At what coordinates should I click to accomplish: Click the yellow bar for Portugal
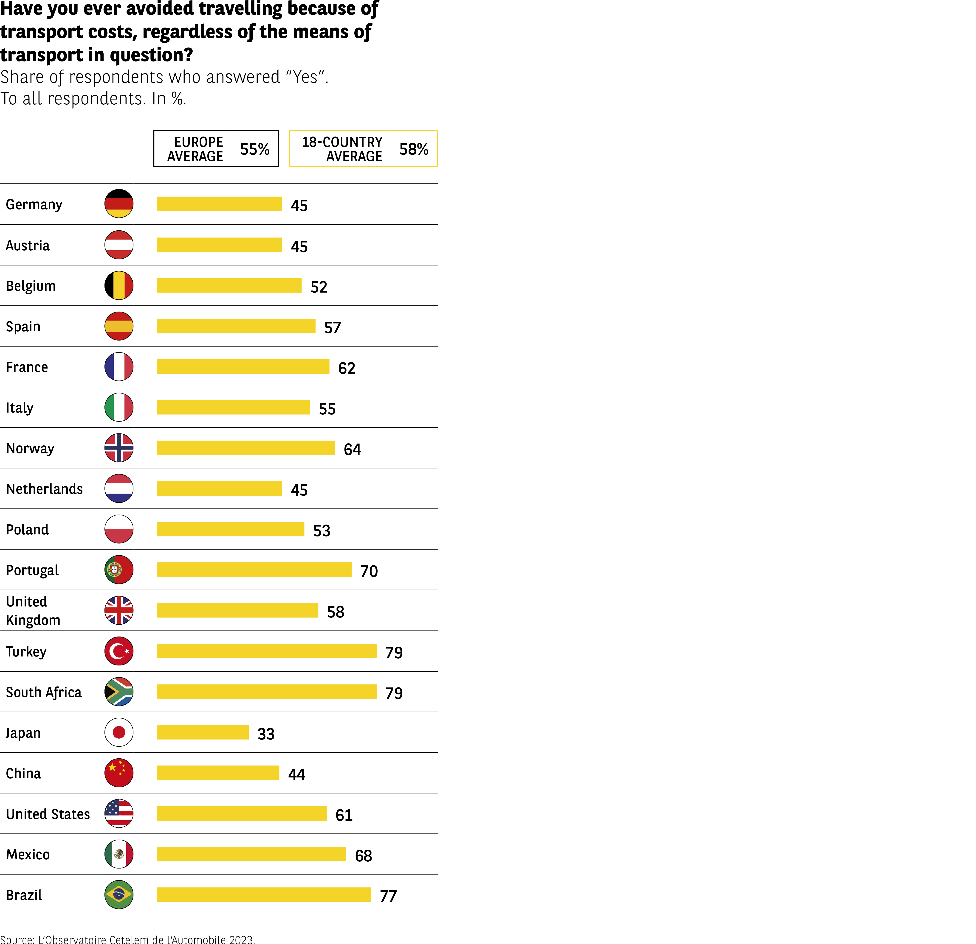click(x=254, y=570)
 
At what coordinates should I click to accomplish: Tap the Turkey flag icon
click(x=119, y=651)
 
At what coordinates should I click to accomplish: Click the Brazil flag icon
click(x=119, y=895)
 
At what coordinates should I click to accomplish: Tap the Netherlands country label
click(x=44, y=489)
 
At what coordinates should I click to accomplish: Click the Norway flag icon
click(x=119, y=448)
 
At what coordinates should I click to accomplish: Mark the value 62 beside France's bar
click(x=347, y=368)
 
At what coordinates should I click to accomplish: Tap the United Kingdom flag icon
click(x=119, y=610)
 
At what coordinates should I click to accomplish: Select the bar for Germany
click(x=219, y=204)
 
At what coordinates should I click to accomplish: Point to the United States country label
click(x=48, y=814)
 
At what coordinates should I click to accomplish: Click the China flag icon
click(x=119, y=773)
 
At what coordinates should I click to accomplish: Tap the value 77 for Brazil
click(x=388, y=896)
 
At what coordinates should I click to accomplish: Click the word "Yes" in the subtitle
click(x=305, y=77)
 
